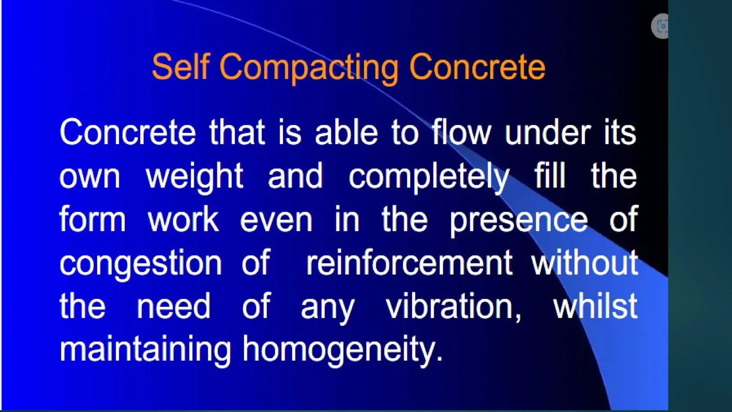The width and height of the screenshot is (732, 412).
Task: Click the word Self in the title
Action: [180, 67]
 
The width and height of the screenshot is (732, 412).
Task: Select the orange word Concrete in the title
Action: [477, 67]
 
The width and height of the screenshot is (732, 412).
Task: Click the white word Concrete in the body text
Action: [128, 132]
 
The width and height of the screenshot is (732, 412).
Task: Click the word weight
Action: [194, 177]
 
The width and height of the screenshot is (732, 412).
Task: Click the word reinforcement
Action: [410, 263]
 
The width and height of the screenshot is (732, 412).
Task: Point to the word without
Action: [585, 263]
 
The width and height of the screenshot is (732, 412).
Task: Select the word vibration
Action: [453, 307]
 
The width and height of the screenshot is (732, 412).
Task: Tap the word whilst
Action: [595, 306]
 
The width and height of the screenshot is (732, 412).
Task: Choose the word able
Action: [346, 132]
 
